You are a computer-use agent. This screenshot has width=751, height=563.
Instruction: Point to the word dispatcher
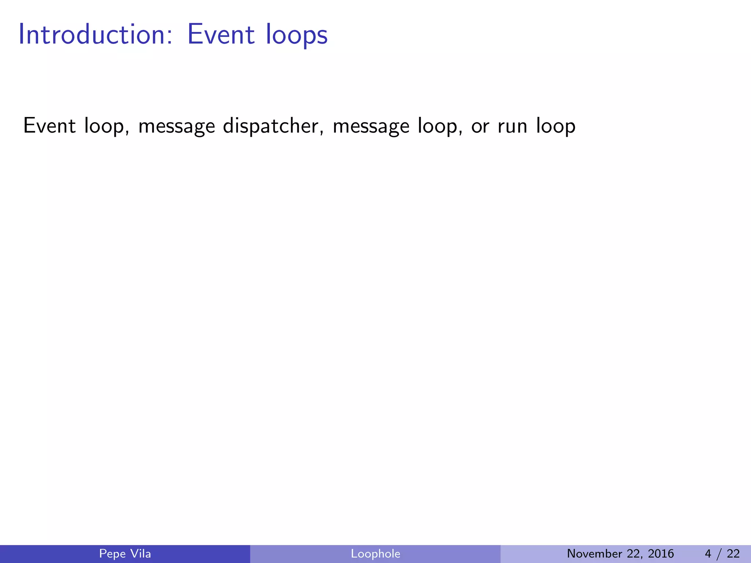pyautogui.click(x=274, y=126)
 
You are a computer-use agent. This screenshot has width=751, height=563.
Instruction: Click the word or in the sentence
pyautogui.click(x=480, y=126)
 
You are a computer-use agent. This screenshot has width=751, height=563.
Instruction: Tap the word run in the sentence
pyautogui.click(x=512, y=126)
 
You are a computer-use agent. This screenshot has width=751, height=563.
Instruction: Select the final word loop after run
pyautogui.click(x=556, y=126)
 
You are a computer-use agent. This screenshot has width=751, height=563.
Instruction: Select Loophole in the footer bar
pyautogui.click(x=375, y=553)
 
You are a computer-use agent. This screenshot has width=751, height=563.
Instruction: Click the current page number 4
pyautogui.click(x=708, y=553)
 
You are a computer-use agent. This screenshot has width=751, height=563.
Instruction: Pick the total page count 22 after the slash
pyautogui.click(x=733, y=553)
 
